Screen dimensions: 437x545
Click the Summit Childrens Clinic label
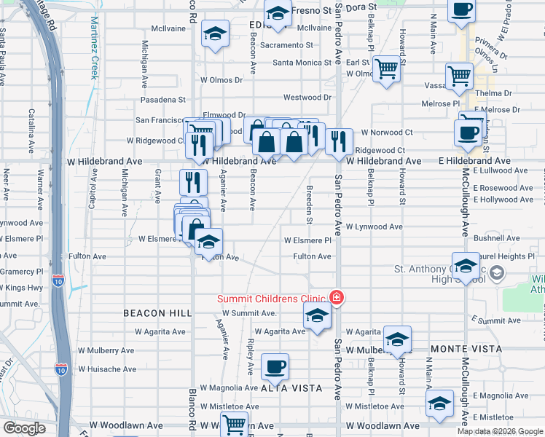273,299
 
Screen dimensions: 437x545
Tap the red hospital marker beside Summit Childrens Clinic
337,297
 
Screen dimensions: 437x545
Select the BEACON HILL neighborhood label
157,312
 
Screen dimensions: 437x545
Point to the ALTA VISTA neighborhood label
291,388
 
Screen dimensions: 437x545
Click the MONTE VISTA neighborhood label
466,349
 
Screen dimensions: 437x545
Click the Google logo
24,428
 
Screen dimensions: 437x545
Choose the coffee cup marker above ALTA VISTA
275,367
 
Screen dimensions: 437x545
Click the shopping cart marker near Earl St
386,68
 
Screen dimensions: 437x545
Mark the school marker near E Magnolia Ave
439,403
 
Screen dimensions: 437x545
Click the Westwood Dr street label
307,97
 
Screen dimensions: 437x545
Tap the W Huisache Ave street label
106,369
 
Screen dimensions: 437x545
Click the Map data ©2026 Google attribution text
501,431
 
